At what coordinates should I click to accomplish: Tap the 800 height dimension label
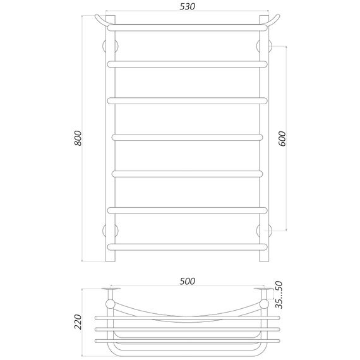(x=78, y=140)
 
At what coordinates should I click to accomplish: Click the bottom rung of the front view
(x=186, y=246)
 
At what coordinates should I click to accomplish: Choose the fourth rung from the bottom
(x=186, y=136)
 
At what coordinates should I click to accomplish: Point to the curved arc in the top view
(x=186, y=315)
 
